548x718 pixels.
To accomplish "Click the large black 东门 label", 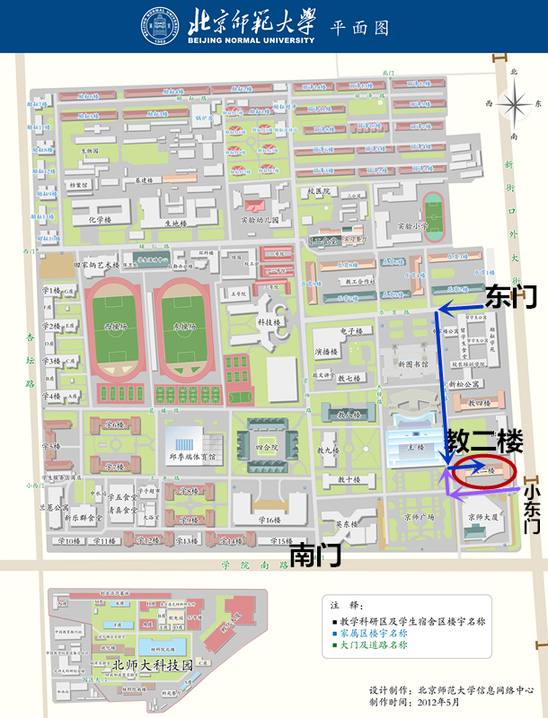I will point(510,296).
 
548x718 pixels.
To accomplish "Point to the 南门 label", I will point(315,554).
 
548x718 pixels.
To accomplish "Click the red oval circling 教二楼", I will point(483,471).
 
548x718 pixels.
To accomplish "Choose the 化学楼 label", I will point(100,220).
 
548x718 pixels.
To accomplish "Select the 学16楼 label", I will point(269,520).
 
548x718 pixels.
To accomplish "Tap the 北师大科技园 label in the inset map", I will point(153,665).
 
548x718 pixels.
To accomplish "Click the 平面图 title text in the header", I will point(360,27).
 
